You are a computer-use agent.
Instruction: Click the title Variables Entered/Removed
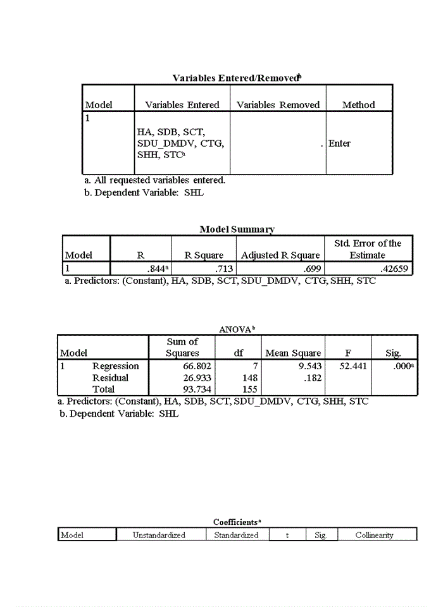point(235,78)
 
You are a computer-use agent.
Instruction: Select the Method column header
point(358,105)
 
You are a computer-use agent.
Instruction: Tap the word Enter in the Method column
point(340,144)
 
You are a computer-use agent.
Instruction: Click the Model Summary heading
point(237,229)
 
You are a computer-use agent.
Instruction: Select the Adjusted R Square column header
point(280,255)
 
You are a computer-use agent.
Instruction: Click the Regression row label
point(115,366)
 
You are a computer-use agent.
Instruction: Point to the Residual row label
point(110,377)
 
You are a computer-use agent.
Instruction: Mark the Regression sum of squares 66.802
point(197,366)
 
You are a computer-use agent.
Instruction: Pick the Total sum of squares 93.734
point(197,389)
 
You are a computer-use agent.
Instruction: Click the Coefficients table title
point(237,522)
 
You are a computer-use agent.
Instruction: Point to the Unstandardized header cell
point(159,536)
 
